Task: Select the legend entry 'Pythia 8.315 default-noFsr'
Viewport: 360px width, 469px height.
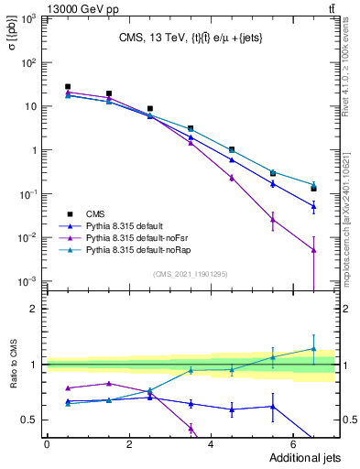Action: click(x=140, y=236)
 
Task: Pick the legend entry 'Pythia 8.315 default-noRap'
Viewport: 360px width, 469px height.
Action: click(x=141, y=249)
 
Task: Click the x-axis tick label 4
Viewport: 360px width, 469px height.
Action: click(x=211, y=445)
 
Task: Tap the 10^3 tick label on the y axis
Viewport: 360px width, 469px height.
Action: click(x=29, y=19)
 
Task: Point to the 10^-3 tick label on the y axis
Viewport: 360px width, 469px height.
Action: click(x=29, y=281)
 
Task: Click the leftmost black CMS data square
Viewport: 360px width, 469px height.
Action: click(x=68, y=87)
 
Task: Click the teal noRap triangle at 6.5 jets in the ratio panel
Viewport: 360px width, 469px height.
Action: click(x=313, y=348)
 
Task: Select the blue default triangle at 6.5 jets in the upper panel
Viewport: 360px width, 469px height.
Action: click(x=313, y=206)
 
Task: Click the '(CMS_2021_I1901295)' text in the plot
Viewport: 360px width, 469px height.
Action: click(x=191, y=274)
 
